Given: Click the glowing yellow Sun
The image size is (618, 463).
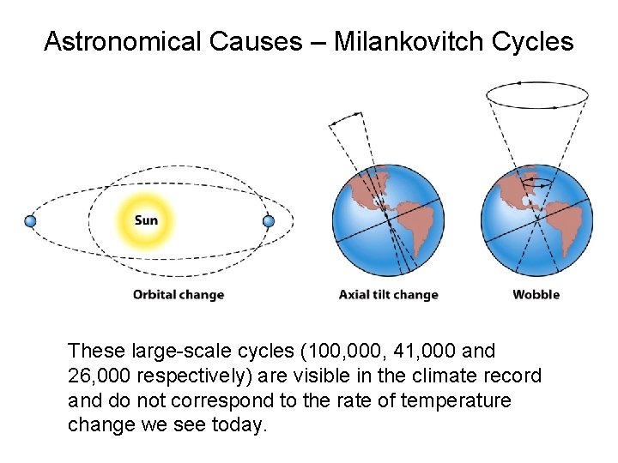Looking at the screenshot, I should tap(146, 220).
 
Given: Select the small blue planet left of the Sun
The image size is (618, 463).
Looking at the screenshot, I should tap(31, 221).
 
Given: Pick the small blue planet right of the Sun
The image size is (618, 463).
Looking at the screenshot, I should tap(268, 221).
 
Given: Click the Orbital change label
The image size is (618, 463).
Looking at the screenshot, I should tap(178, 294).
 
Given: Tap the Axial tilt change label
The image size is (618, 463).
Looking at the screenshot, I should tap(388, 294).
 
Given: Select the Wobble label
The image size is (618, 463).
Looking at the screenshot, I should tap(536, 294).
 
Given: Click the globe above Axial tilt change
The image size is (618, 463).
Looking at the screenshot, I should tap(388, 219).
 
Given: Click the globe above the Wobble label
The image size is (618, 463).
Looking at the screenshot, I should tap(536, 219).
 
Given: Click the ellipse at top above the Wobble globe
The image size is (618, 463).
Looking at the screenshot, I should tap(536, 94).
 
